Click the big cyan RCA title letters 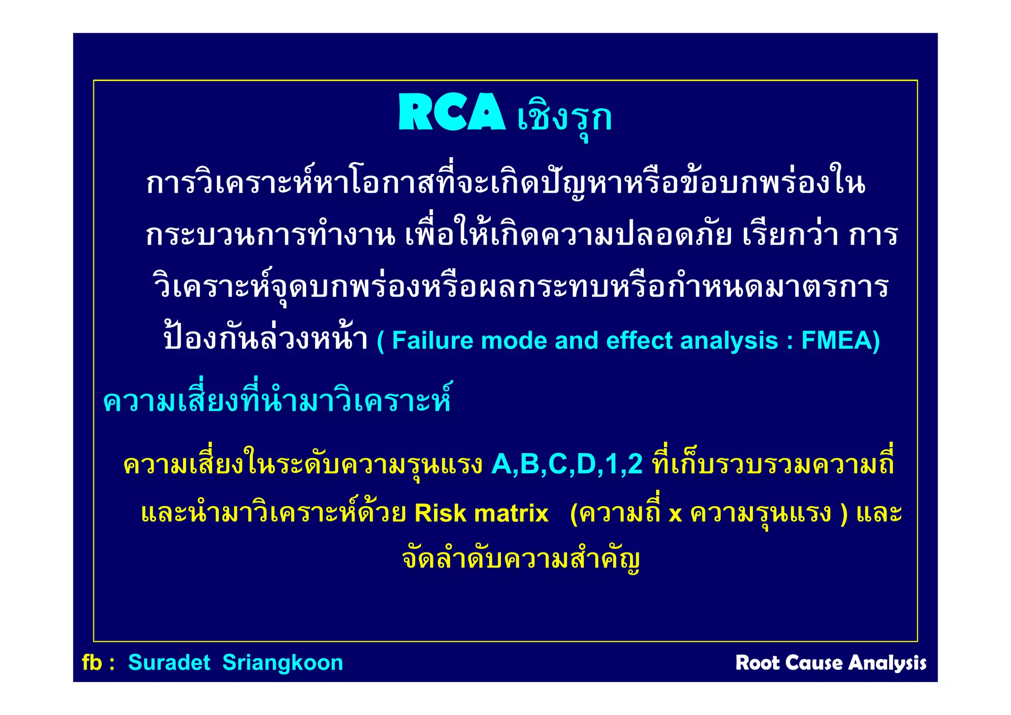(452, 112)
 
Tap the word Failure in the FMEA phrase (432, 341)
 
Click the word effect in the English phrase (639, 341)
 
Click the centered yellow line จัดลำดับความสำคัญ (521, 560)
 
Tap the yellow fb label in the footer (92, 663)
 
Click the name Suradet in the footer (169, 663)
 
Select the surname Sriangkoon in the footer (282, 663)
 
